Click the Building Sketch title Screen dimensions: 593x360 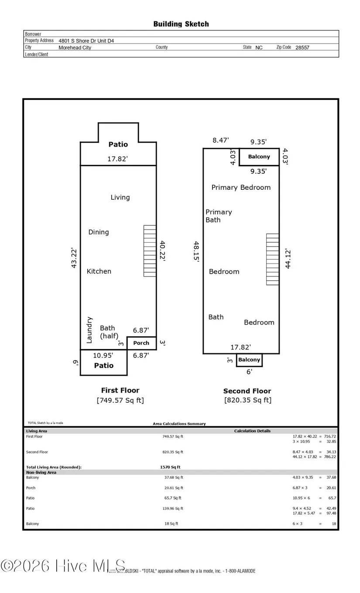[x=181, y=24]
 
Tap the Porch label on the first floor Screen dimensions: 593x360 [x=141, y=343]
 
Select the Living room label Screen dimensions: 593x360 [x=120, y=197]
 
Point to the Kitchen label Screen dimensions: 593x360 [x=99, y=271]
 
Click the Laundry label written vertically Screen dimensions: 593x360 [x=89, y=330]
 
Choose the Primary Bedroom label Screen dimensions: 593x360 [x=241, y=188]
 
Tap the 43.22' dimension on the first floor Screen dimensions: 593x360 [x=74, y=258]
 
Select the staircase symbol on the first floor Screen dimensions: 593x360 [x=150, y=251]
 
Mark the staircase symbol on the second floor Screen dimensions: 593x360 [x=273, y=259]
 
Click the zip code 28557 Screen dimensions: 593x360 [x=302, y=48]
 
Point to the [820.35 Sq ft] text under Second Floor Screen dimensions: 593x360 [x=247, y=400]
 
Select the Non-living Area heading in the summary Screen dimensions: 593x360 [x=41, y=473]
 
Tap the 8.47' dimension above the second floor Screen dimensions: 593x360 [x=221, y=141]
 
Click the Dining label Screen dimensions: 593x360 [x=99, y=232]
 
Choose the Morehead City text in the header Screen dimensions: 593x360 [x=75, y=48]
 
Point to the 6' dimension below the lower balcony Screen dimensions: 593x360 [x=249, y=372]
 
